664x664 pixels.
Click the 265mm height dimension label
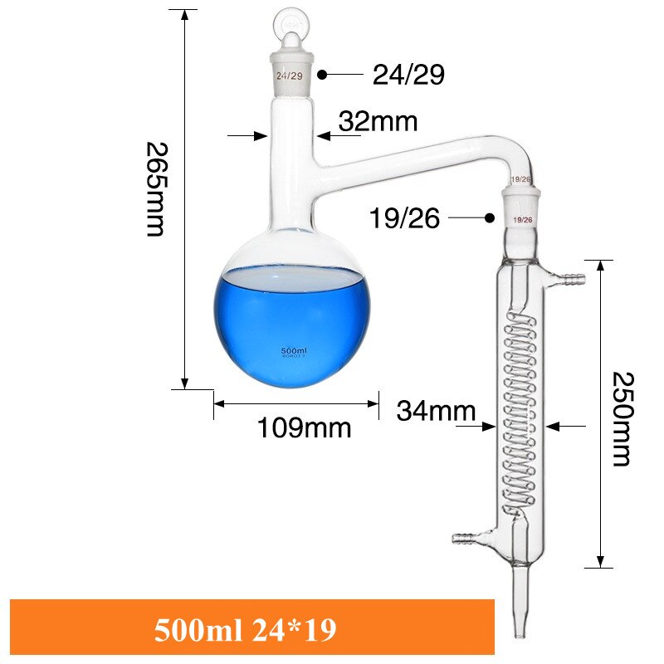pyautogui.click(x=155, y=188)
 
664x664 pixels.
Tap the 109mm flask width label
pyautogui.click(x=304, y=428)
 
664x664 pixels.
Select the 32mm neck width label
pyautogui.click(x=378, y=122)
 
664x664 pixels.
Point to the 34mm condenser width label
pyautogui.click(x=436, y=411)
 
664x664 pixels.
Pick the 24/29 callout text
pyautogui.click(x=408, y=75)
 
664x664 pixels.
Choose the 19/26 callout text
pyautogui.click(x=405, y=219)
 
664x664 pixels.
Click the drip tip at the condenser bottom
pyautogui.click(x=520, y=614)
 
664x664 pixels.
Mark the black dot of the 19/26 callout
pyautogui.click(x=490, y=218)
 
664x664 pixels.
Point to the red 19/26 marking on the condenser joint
pyautogui.click(x=523, y=220)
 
